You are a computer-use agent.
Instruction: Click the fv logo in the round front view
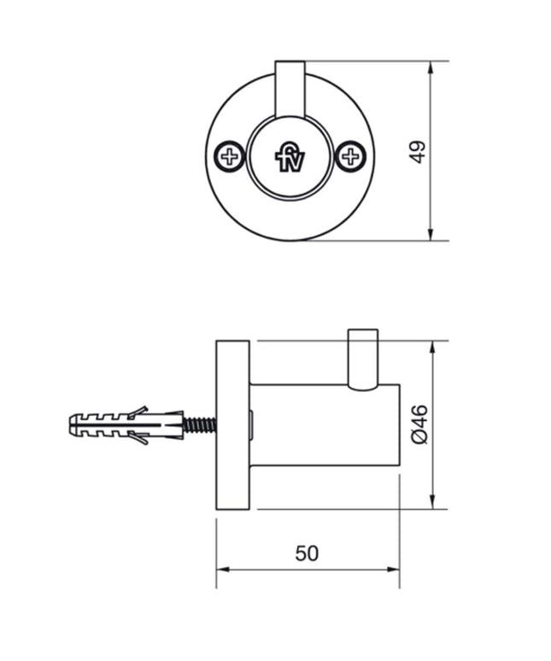click(x=289, y=157)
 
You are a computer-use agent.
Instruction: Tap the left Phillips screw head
click(x=229, y=156)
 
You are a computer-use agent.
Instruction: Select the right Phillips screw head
click(x=349, y=156)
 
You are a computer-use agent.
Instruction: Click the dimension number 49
click(x=417, y=151)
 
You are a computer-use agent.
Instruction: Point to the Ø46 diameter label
click(x=419, y=424)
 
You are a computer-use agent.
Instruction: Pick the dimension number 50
click(x=307, y=553)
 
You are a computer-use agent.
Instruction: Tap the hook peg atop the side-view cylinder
click(x=362, y=357)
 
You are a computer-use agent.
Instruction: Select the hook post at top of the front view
click(x=289, y=90)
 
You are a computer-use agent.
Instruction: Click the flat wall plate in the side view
click(x=232, y=424)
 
